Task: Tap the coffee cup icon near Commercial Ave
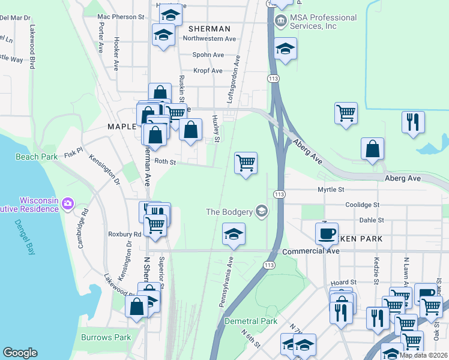[327, 233]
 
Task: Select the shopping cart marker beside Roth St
[246, 163]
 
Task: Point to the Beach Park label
[37, 157]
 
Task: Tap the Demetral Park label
[251, 321]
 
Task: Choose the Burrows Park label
[106, 337]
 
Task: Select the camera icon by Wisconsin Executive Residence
[68, 204]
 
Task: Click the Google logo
[20, 353]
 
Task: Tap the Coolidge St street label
[363, 205]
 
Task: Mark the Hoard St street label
[343, 282]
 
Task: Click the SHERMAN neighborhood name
[209, 29]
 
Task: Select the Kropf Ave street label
[208, 71]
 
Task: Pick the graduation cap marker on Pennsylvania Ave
[234, 235]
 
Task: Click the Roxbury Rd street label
[125, 235]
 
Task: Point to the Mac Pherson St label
[121, 17]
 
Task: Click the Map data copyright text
[423, 355]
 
